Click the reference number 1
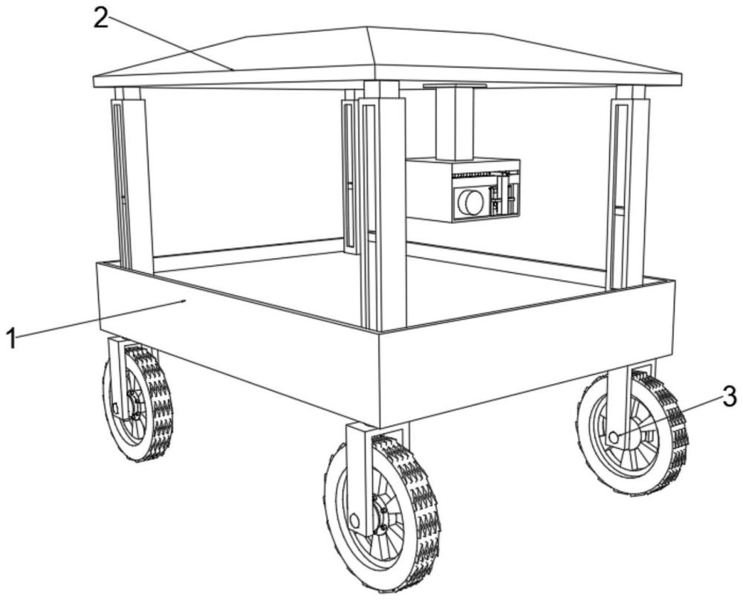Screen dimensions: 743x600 click(11, 340)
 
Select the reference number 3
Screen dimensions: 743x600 click(729, 396)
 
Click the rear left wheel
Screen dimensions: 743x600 click(138, 403)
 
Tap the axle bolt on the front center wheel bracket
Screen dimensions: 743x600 click(354, 520)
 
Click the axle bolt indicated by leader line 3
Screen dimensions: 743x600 click(614, 437)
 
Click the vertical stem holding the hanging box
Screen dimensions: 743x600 click(455, 123)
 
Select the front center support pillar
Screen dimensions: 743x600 click(383, 207)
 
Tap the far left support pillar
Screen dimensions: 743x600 click(132, 180)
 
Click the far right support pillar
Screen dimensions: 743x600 click(627, 187)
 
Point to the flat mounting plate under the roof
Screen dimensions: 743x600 click(455, 86)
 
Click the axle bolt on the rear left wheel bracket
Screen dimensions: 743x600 click(115, 408)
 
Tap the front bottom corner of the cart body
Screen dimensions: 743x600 click(380, 427)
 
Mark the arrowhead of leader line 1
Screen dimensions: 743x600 click(184, 300)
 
